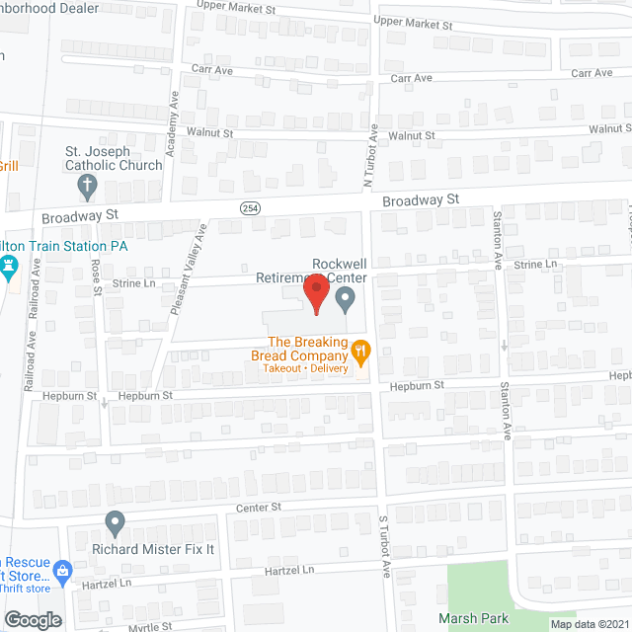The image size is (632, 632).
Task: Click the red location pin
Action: tap(316, 293)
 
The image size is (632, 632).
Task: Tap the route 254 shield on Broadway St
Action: tap(250, 207)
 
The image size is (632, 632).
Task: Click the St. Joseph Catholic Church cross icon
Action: tap(87, 184)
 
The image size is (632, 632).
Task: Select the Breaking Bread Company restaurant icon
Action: tap(361, 349)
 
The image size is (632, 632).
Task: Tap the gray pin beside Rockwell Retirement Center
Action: tap(345, 301)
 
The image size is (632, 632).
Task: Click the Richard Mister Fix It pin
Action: tap(115, 520)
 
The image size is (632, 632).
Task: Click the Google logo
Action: tap(33, 619)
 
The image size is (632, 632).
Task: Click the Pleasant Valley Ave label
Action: tap(188, 270)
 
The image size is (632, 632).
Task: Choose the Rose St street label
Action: tap(97, 276)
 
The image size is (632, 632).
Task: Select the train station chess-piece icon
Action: tap(10, 266)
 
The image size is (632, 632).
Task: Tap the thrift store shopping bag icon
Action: tap(63, 570)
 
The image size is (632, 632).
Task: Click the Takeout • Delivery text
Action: tap(305, 368)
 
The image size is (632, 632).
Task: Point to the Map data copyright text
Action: tap(589, 624)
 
